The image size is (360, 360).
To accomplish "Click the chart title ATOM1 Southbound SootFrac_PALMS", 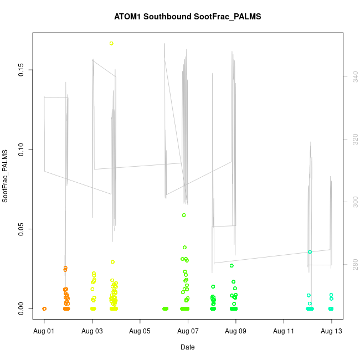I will (x=187, y=17).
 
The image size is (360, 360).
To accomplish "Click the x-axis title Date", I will (x=187, y=347).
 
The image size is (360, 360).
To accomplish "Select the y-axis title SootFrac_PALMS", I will (x=6, y=176).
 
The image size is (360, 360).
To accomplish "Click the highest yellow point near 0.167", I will (x=111, y=43).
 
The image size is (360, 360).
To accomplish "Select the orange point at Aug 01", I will (x=44, y=308).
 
